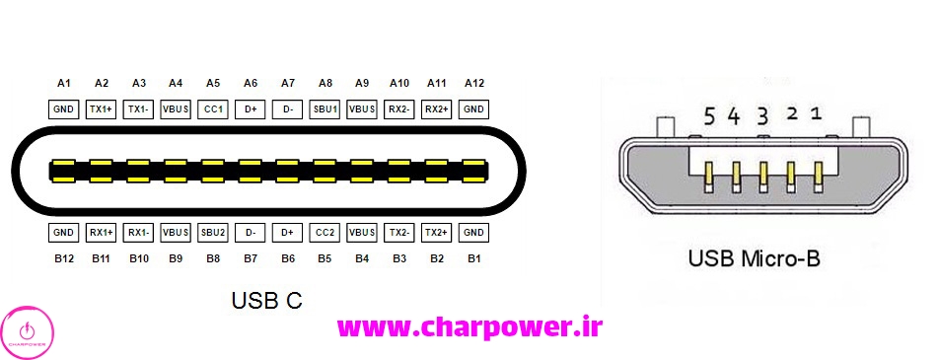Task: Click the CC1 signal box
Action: pos(213,108)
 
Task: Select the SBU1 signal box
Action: pos(325,108)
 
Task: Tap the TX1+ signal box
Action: pos(101,108)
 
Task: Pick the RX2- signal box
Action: pos(399,108)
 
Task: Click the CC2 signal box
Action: pos(325,233)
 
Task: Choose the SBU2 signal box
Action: pos(213,233)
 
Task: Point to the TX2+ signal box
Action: pos(436,233)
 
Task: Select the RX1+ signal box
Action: pos(101,233)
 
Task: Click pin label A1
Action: pos(64,84)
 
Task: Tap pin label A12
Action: pos(473,84)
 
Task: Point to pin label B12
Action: pos(64,258)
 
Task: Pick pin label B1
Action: pos(473,258)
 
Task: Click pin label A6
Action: pos(251,84)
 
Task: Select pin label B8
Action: pos(213,258)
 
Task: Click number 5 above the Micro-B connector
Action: pos(709,116)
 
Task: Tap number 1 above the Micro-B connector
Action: pos(816,113)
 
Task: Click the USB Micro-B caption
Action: pos(754,260)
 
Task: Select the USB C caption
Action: pos(266,300)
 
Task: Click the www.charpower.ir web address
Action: pos(469,326)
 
